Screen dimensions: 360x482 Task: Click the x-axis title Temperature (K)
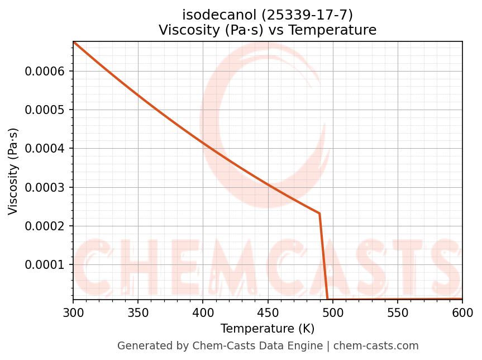(x=268, y=329)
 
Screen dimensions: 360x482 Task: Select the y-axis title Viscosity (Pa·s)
(x=13, y=171)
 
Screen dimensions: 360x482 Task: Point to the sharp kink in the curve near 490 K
(x=319, y=214)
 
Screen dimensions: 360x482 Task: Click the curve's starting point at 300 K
(x=74, y=42)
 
